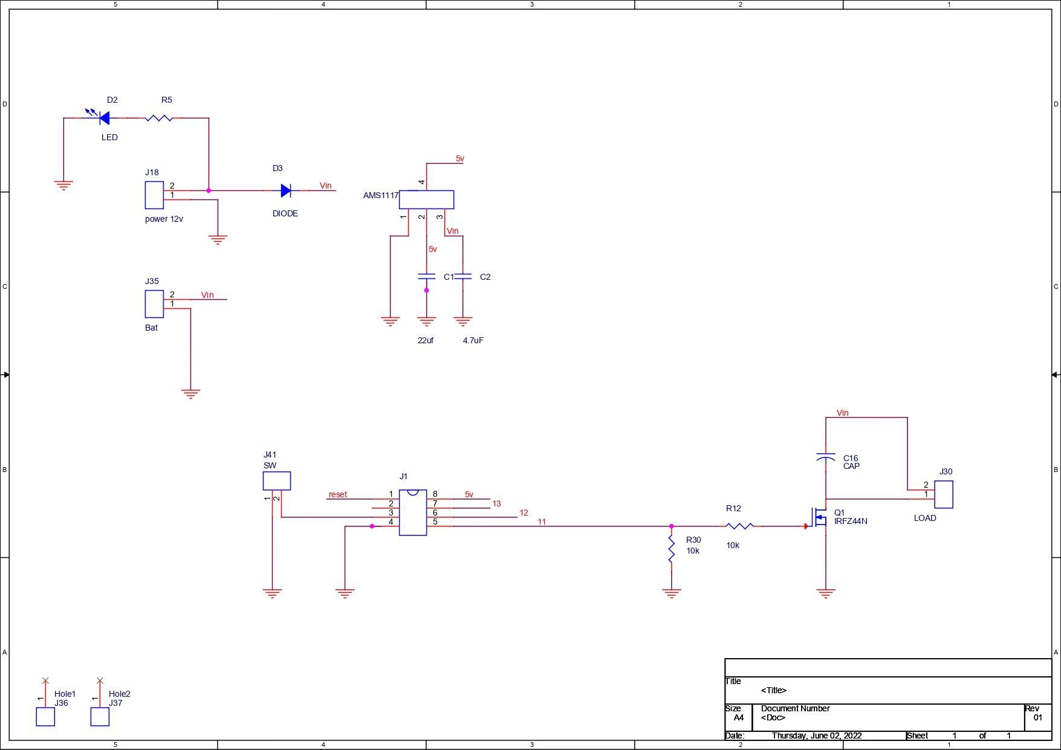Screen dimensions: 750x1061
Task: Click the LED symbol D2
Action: tap(104, 118)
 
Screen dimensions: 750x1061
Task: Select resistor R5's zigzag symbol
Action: tap(159, 118)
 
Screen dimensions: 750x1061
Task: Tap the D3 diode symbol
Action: tap(286, 191)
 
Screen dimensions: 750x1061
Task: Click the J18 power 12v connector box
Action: tap(154, 195)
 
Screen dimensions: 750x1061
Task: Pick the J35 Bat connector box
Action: tap(154, 304)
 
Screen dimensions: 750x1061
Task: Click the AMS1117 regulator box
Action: tap(426, 200)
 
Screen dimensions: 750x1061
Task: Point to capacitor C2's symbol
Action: tap(463, 277)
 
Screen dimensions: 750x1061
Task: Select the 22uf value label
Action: tap(426, 340)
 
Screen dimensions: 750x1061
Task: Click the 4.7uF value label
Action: tap(473, 340)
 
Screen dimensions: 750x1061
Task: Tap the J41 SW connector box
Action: tap(277, 481)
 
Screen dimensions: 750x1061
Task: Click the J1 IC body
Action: tap(413, 512)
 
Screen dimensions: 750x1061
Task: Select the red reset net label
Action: tap(338, 494)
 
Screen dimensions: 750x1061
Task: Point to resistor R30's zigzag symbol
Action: tap(672, 550)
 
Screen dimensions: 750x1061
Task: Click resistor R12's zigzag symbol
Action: tap(739, 526)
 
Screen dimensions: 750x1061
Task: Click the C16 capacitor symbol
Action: tap(826, 458)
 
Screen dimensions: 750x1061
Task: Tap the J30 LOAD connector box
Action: tap(944, 494)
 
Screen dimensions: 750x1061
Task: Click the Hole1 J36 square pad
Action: tap(45, 717)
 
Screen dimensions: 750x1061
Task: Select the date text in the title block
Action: tap(816, 735)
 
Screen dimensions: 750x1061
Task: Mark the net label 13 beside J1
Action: tap(496, 503)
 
